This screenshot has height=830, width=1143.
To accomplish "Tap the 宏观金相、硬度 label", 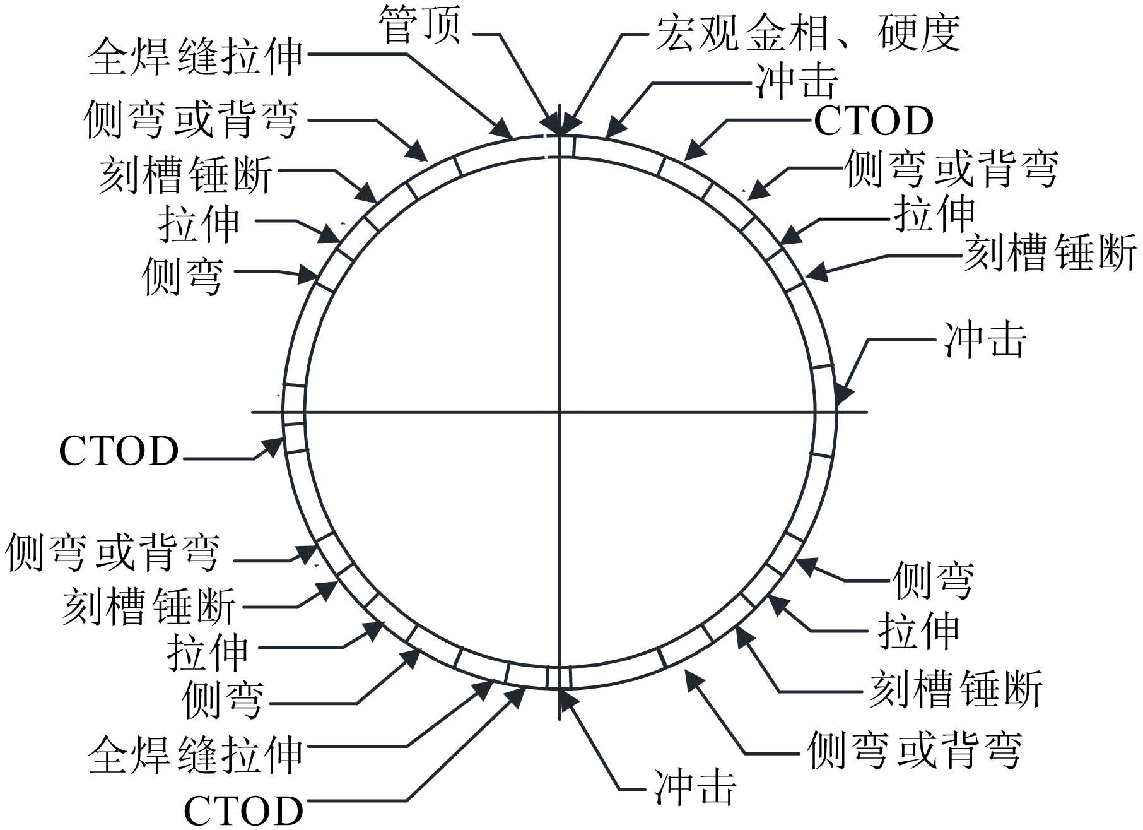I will (808, 33).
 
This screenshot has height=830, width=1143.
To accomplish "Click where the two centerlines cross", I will (560, 412).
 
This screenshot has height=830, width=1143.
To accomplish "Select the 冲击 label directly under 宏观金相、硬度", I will (797, 81).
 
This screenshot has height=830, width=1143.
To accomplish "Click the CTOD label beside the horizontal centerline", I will (119, 451).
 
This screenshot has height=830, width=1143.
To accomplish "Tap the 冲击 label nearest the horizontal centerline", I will (985, 340).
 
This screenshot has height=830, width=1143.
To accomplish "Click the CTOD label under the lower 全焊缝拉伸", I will (243, 810).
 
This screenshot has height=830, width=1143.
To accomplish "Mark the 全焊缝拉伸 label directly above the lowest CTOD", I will (196, 754).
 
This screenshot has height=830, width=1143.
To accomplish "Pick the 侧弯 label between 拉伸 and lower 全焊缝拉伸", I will (222, 699).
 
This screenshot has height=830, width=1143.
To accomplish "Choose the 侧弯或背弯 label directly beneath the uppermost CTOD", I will (951, 169).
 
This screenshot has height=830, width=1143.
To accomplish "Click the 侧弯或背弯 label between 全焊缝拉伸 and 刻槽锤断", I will (190, 120).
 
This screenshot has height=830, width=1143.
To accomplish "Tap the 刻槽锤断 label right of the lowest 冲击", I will (956, 689).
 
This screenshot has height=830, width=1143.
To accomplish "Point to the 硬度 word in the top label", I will (918, 33).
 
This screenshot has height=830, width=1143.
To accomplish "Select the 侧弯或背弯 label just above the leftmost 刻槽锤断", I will (112, 553).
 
